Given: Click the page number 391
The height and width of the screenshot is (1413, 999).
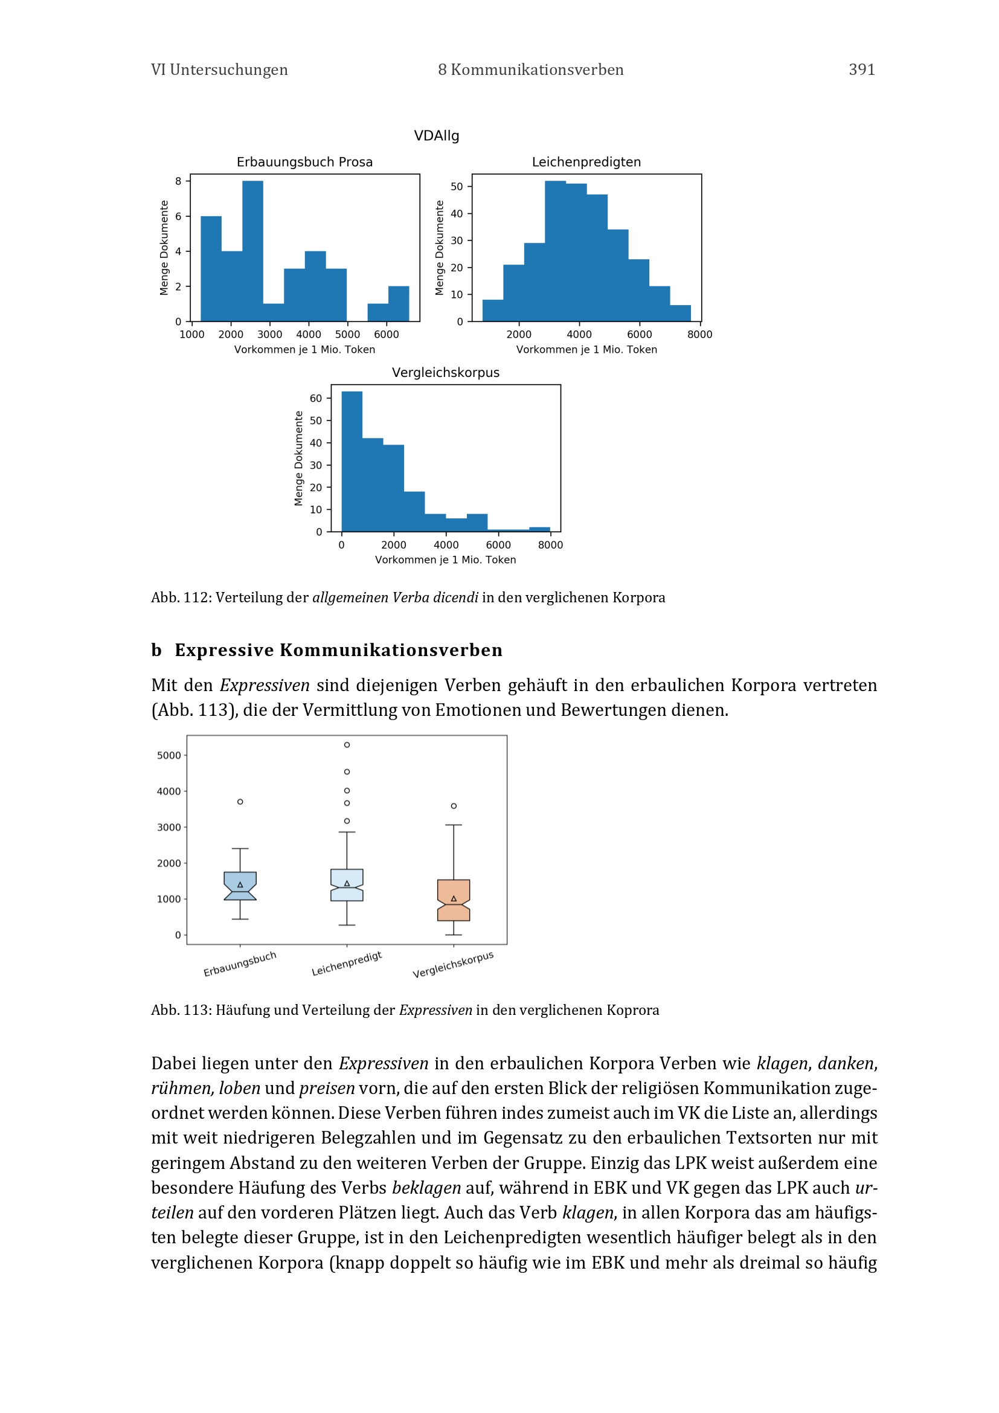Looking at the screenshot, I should pos(861,69).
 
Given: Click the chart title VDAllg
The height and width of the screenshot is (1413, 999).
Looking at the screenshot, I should pos(436,135).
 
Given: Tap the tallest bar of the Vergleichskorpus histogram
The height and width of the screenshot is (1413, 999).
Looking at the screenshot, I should pos(352,461).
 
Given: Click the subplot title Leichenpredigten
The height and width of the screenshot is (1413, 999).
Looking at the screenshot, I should pos(586,162).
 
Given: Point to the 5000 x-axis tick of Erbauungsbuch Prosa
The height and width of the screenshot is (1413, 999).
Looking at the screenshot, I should pos(347,334).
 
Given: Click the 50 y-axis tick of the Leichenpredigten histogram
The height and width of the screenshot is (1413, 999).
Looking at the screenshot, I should pos(457,187).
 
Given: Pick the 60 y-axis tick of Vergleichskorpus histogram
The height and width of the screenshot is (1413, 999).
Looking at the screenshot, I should pos(315,398).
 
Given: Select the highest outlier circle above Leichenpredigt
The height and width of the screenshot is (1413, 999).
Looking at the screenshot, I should pos(347,745).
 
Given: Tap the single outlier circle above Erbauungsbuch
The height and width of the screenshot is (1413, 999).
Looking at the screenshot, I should pos(240,802).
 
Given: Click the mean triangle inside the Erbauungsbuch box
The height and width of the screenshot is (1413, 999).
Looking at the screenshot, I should pos(240,885).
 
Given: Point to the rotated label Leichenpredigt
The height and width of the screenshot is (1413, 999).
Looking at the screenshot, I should pos(346,964).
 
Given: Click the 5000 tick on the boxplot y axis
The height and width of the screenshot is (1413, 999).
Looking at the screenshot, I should pos(169,755).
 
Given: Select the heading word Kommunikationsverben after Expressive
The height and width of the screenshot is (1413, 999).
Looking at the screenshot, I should pos(391,650).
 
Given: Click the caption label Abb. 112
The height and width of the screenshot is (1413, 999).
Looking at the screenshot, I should pos(179,597).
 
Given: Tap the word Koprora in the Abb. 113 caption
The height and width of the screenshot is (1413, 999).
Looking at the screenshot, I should pos(632,1010).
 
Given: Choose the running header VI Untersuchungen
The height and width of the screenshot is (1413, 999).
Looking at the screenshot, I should pos(219,69).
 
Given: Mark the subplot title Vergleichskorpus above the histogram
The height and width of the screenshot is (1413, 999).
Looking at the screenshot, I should pos(445,372).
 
